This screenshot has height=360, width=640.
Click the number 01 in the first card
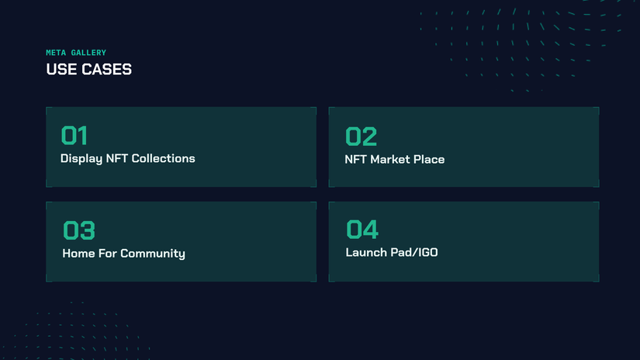click(74, 136)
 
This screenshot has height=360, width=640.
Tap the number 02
click(361, 137)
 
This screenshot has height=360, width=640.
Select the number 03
click(78, 230)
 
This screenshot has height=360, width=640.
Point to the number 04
click(362, 230)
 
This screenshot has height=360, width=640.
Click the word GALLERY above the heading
click(88, 53)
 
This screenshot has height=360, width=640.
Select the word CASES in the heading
click(106, 69)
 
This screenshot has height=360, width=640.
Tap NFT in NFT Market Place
click(355, 159)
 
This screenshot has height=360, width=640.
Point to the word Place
click(430, 159)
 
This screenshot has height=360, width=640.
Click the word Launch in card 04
click(365, 252)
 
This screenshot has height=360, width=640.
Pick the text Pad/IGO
click(413, 252)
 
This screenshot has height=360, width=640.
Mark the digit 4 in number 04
click(371, 230)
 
